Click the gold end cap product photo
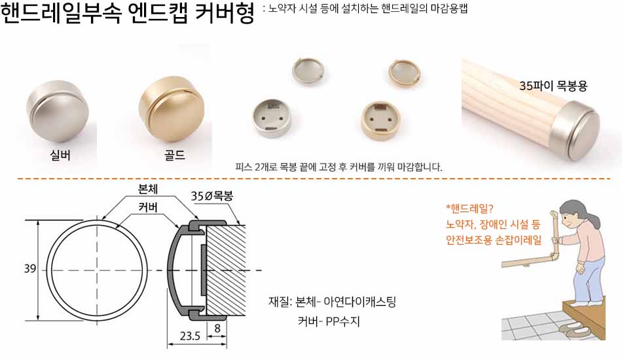[172, 109]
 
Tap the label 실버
[60, 155]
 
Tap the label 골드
[175, 155]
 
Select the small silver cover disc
[308, 71]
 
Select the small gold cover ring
[404, 73]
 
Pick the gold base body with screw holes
[381, 120]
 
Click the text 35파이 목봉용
[553, 86]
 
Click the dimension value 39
[30, 269]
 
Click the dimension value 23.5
[190, 336]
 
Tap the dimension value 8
[217, 329]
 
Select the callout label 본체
[148, 189]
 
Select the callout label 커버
[148, 207]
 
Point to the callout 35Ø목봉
[212, 196]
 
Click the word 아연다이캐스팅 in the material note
[360, 302]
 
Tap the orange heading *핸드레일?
[469, 209]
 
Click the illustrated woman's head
[576, 215]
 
